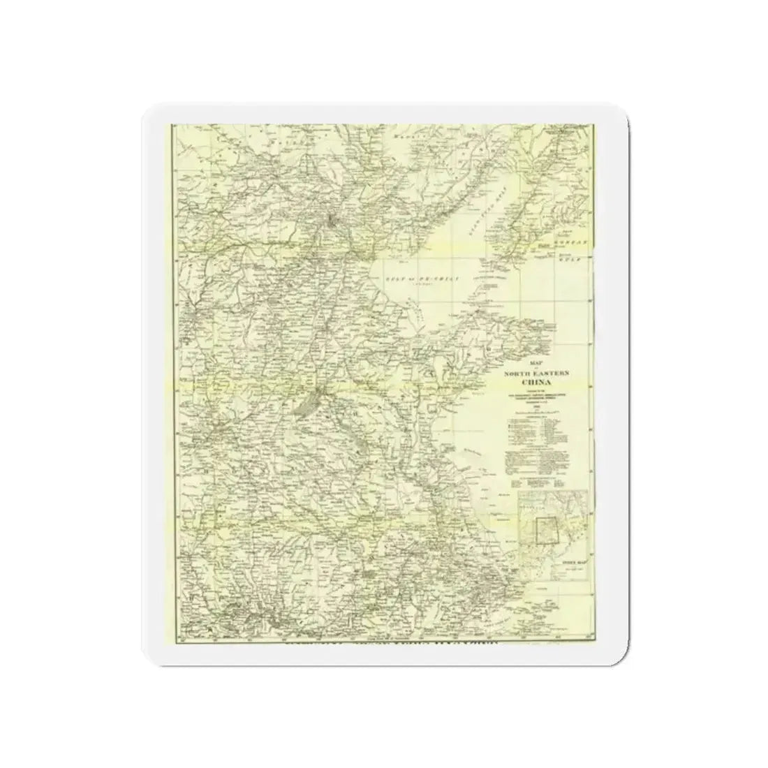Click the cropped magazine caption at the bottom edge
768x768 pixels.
(x=391, y=643)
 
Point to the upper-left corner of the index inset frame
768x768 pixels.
(x=518, y=492)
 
